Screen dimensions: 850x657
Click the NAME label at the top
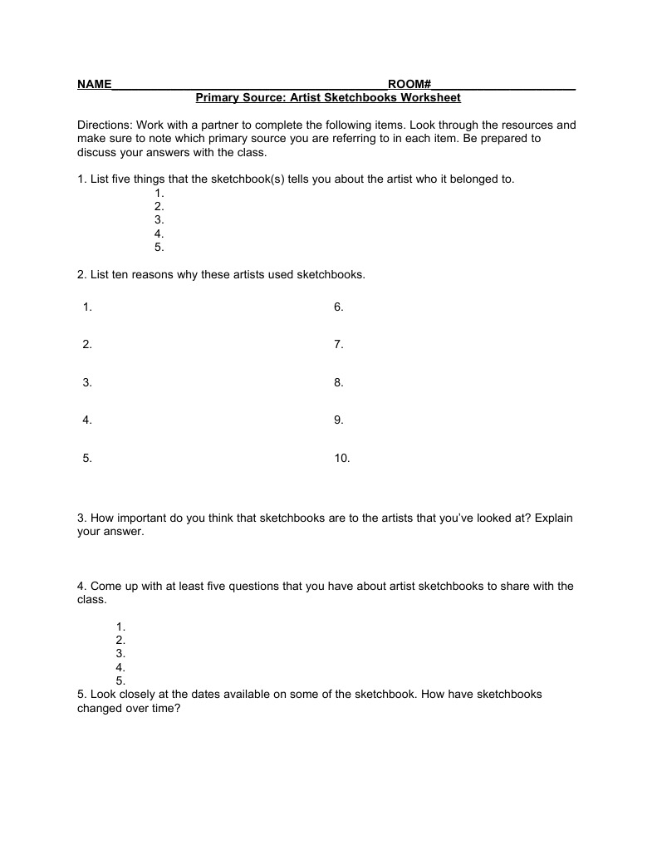[x=94, y=85]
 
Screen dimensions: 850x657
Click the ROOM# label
[x=409, y=85]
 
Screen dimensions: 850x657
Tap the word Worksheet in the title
[x=430, y=98]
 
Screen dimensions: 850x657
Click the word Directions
[x=105, y=125]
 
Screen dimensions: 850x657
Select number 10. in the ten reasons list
[x=342, y=458]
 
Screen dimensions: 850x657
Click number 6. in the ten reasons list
[x=339, y=307]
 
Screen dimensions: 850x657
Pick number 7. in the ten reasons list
[x=339, y=345]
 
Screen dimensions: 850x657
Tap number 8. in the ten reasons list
[x=339, y=383]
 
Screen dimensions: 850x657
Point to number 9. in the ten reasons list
[x=339, y=420]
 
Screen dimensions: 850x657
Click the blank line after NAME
[x=249, y=86]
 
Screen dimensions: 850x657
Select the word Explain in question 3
[x=554, y=518]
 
